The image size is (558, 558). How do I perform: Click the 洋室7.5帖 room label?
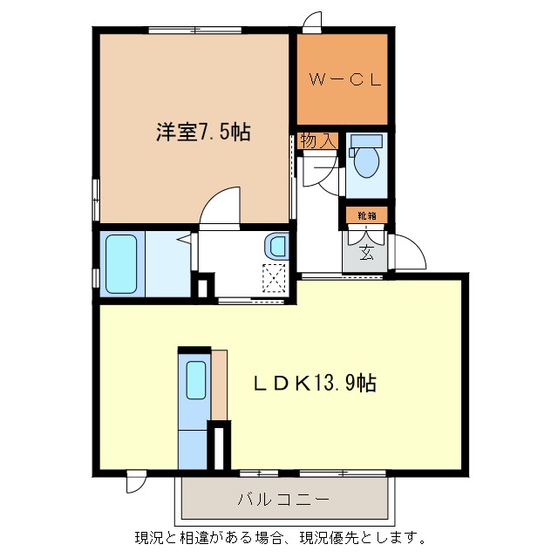pos(204,133)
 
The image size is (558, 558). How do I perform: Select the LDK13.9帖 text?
pos(316,383)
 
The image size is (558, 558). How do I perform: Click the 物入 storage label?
pos(317,140)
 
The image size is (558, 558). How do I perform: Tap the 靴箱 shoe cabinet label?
pos(366,214)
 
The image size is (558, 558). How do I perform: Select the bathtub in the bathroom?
pos(121,264)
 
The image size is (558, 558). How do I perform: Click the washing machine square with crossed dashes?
pos(276,278)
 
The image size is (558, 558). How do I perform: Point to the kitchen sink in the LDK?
pos(196,380)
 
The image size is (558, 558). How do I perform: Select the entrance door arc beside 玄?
pos(408,251)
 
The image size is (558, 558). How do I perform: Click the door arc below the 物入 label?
pos(320,174)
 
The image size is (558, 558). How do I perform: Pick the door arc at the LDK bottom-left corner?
pos(136,482)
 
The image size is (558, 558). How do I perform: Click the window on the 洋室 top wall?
pos(194,31)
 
